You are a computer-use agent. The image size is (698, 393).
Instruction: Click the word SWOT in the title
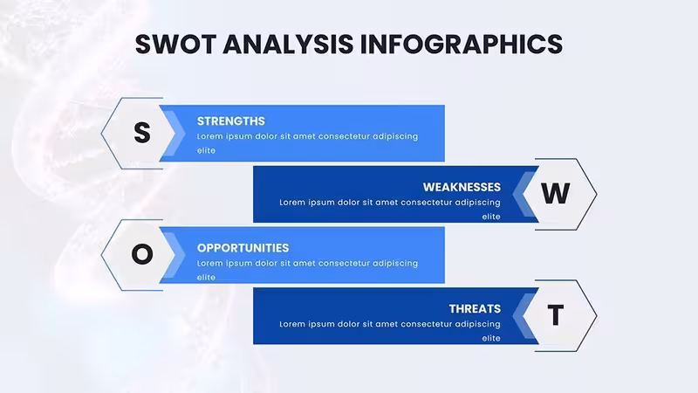click(176, 45)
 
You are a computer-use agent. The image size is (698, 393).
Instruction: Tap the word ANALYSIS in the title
click(289, 45)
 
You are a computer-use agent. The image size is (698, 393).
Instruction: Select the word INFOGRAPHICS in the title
click(462, 45)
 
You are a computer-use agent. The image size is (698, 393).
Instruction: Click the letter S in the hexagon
click(142, 133)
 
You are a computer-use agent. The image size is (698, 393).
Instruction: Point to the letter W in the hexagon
click(555, 193)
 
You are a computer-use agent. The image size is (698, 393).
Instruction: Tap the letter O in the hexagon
click(142, 254)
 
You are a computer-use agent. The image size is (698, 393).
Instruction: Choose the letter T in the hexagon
click(555, 315)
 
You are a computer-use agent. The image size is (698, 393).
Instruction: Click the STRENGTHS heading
click(231, 121)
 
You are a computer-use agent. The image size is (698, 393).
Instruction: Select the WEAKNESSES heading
click(462, 187)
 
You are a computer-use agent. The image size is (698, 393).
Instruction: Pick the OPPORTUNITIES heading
click(243, 248)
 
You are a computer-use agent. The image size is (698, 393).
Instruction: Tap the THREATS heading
click(475, 309)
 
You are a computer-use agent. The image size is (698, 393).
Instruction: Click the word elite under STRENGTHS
click(206, 150)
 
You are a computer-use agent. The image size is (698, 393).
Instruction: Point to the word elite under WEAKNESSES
click(491, 217)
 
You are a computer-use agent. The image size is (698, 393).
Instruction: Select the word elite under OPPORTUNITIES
click(206, 277)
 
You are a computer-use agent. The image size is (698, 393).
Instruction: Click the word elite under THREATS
click(491, 338)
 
